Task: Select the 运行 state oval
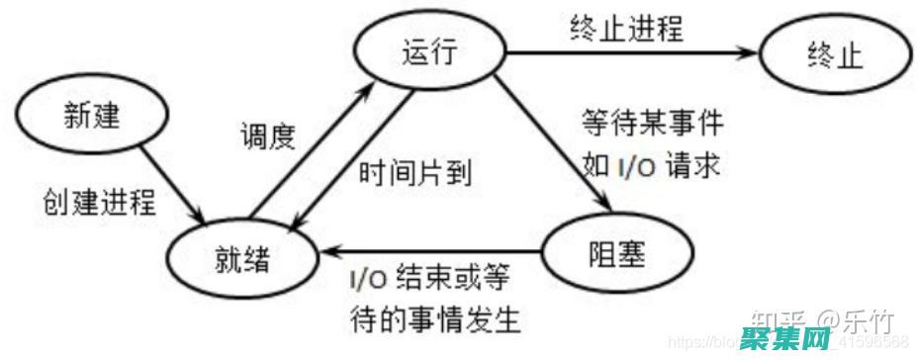431,54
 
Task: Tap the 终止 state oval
835,56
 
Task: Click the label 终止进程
626,26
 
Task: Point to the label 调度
268,135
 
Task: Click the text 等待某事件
652,127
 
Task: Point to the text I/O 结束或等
428,282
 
